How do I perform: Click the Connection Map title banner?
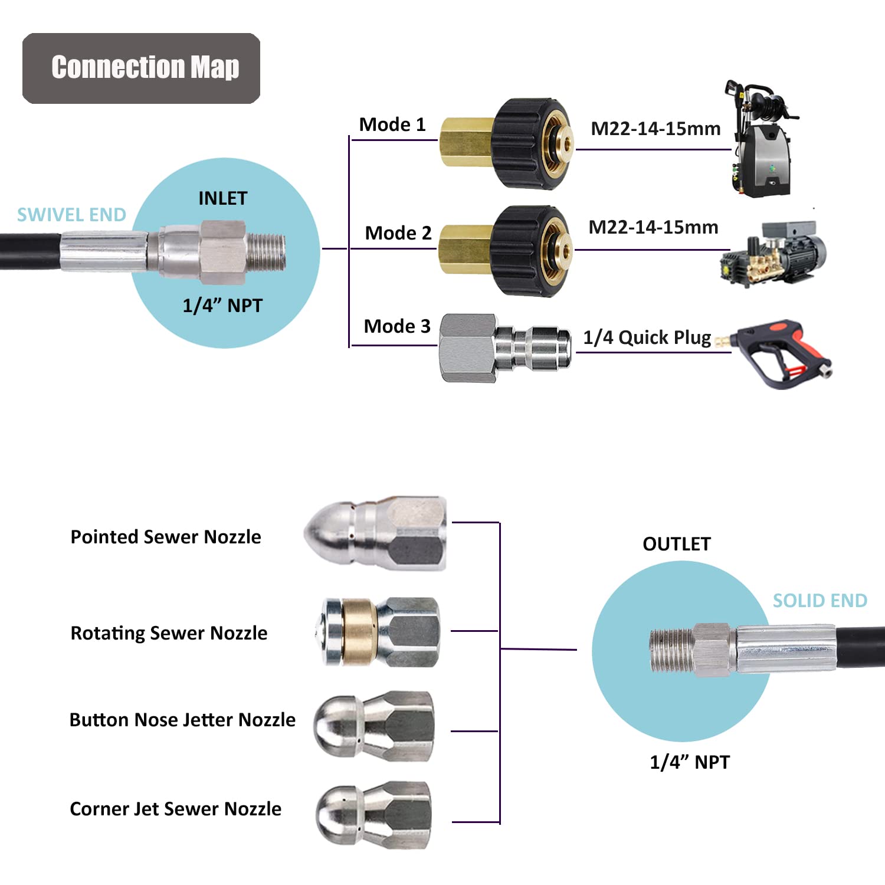tap(142, 68)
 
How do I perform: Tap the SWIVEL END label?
tap(71, 215)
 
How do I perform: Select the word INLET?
tap(222, 198)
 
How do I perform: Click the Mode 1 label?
tap(392, 124)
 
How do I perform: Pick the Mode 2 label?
tap(398, 233)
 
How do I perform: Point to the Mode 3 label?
tap(397, 326)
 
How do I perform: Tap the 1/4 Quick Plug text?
tap(647, 337)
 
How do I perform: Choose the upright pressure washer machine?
tap(761, 142)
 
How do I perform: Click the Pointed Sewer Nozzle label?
tap(166, 537)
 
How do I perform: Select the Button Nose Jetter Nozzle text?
tap(182, 720)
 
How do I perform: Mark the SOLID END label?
tap(820, 601)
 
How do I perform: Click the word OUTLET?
tap(677, 544)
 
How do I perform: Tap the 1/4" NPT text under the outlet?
tap(689, 762)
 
